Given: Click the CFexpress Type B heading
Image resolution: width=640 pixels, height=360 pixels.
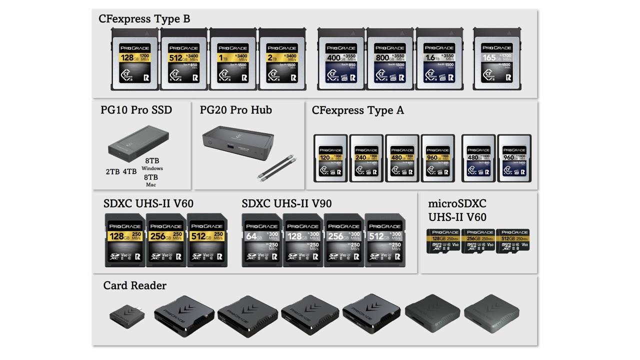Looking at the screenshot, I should click(x=144, y=19).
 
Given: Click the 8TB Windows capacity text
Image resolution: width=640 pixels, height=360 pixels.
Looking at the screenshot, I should click(x=152, y=164).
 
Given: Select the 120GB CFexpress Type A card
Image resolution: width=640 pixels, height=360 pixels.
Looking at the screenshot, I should click(x=330, y=158).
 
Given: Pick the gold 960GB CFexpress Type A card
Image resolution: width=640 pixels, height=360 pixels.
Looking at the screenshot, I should click(x=437, y=158).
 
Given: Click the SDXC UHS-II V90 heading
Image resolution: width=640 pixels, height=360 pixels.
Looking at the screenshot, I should click(x=286, y=204).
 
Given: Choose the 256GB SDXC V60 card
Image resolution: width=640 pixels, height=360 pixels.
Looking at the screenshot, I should click(x=165, y=240).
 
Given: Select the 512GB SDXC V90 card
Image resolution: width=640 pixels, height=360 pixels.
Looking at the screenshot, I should click(x=384, y=240).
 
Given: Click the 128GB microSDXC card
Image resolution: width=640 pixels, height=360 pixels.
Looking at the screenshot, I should click(x=443, y=241).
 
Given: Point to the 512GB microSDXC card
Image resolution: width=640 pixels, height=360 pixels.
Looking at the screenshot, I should click(x=512, y=241).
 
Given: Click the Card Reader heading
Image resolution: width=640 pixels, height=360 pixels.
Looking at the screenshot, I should click(x=134, y=285).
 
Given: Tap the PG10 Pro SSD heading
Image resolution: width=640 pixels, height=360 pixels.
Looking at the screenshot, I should click(x=136, y=110).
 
